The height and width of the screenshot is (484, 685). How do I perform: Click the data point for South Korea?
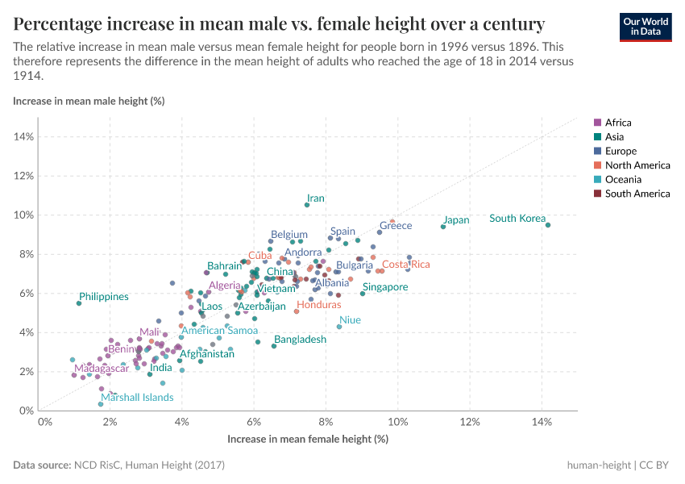pyautogui.click(x=548, y=225)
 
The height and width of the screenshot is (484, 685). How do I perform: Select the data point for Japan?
pyautogui.click(x=443, y=227)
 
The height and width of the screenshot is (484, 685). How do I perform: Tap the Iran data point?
pyautogui.click(x=307, y=205)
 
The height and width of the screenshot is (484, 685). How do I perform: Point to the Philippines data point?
pyautogui.click(x=79, y=303)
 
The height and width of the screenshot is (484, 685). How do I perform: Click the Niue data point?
pyautogui.click(x=339, y=327)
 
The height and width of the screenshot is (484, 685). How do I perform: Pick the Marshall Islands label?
pyautogui.click(x=137, y=398)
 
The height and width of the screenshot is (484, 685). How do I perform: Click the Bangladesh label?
pyautogui.click(x=300, y=340)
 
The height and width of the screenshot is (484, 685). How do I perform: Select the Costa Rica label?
pyautogui.click(x=405, y=265)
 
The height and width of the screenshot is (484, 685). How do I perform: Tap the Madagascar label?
pyautogui.click(x=96, y=369)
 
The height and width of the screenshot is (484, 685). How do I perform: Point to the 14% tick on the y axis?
pyautogui.click(x=23, y=136)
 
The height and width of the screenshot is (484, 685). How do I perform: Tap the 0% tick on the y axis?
pyautogui.click(x=25, y=411)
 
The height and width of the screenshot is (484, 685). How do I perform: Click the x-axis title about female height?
pyautogui.click(x=308, y=439)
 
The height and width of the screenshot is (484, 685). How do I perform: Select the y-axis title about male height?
pyautogui.click(x=89, y=101)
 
